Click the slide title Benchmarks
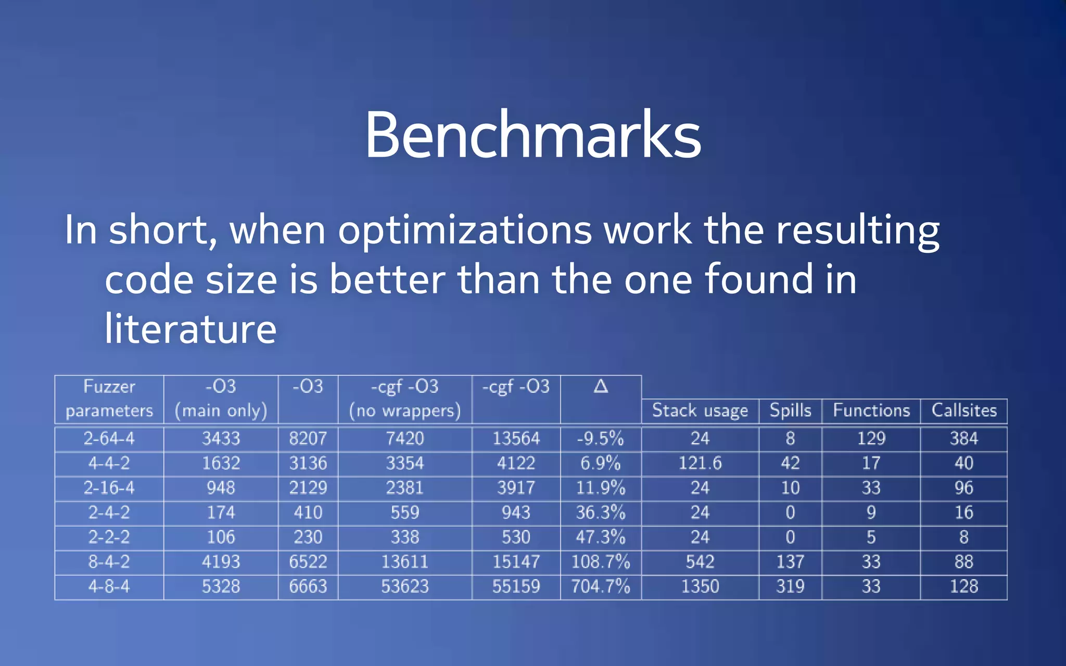532,135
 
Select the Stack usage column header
700,411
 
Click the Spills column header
790,411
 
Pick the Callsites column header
963,411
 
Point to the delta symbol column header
601,387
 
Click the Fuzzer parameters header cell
109,399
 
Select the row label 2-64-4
109,439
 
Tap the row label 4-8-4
109,587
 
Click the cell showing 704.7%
601,587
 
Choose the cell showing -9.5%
601,439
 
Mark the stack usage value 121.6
700,463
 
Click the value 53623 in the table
404,587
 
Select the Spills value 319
790,587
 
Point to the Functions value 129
871,439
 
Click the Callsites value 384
963,439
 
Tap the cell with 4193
221,562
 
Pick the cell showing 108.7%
601,562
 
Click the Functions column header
871,411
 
